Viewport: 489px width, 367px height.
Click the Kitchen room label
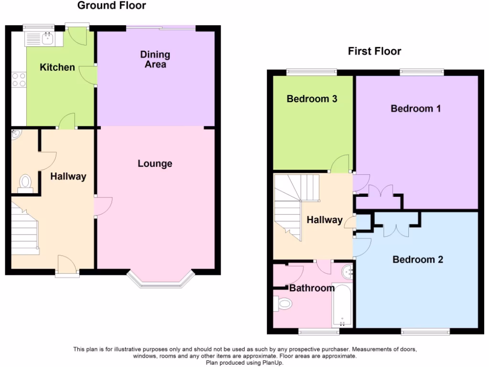click(x=57, y=67)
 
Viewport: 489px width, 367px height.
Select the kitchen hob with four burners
click(x=19, y=79)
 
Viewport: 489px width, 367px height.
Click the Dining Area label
click(x=155, y=59)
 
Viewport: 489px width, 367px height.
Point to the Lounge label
click(x=155, y=164)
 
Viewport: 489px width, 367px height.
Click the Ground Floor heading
click(x=112, y=6)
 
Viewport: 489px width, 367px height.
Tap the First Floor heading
click(x=374, y=51)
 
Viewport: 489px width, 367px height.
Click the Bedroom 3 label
click(x=312, y=99)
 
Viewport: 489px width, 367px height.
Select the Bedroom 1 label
click(x=415, y=108)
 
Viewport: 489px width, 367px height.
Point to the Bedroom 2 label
click(x=418, y=259)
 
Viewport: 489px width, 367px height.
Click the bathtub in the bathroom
click(x=342, y=306)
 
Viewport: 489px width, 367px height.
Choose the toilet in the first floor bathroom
click(x=283, y=302)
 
